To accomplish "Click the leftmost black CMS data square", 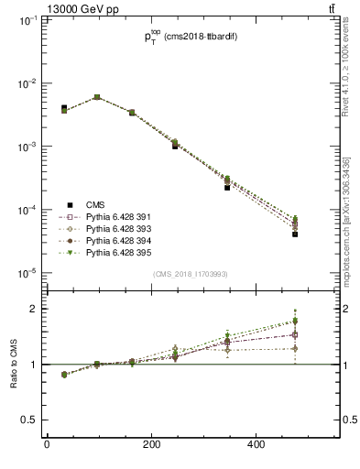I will point(64,108).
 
